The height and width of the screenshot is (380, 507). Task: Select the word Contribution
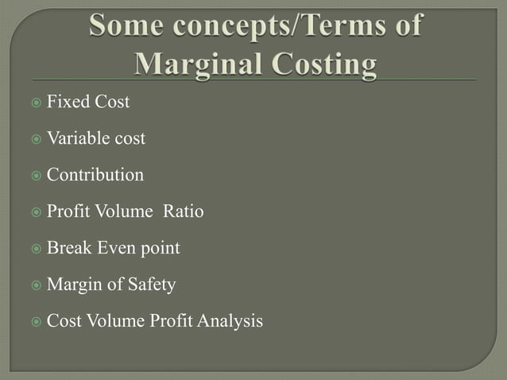(95, 175)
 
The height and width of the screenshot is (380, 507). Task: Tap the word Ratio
(184, 211)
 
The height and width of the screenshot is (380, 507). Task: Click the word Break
(71, 248)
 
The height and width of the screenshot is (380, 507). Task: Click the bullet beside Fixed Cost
(36, 103)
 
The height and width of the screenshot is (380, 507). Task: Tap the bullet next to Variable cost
(36, 139)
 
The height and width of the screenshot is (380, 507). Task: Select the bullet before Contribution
(36, 176)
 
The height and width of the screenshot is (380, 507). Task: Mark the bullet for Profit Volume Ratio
(36, 212)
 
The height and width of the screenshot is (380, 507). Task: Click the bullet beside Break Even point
(36, 249)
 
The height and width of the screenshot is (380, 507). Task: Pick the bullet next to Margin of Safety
(36, 285)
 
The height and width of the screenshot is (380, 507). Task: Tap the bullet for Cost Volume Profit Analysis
(36, 322)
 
